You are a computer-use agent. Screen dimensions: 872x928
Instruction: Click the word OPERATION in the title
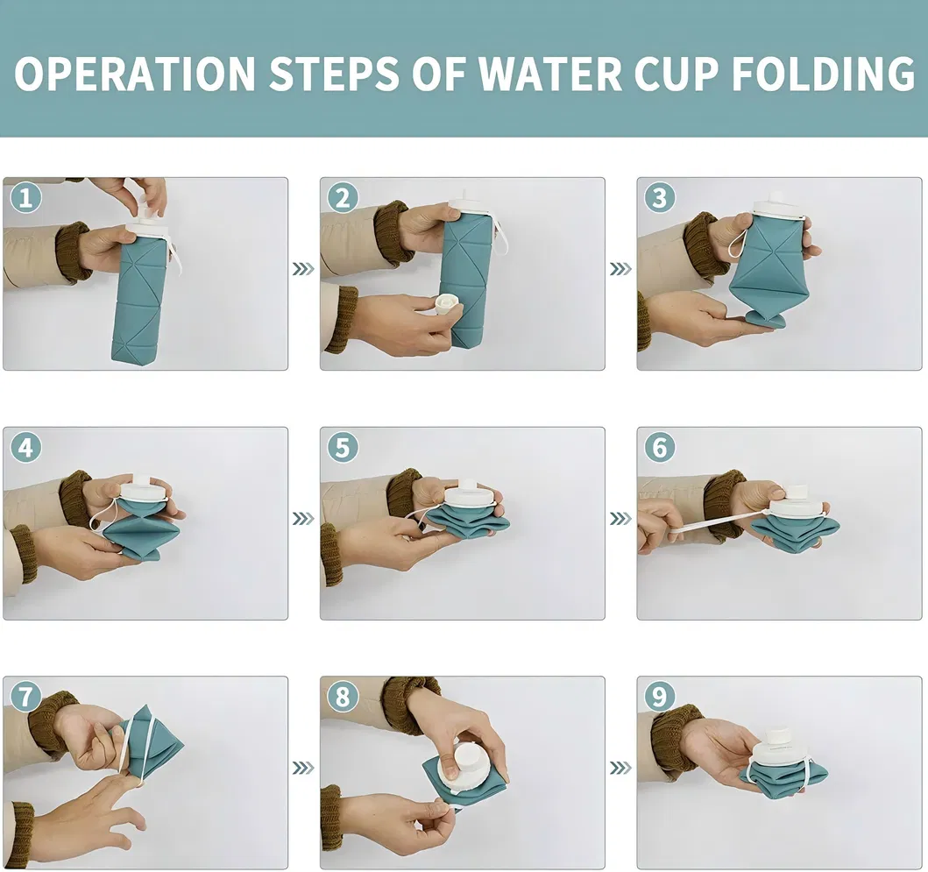pos(135,74)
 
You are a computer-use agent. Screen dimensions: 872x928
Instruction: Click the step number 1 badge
pos(25,199)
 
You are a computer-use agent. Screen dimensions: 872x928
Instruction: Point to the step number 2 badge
pos(343,199)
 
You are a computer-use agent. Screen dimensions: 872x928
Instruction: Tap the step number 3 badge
pos(659,199)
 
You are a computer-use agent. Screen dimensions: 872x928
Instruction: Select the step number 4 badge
pos(25,448)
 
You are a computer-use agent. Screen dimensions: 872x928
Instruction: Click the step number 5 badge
pos(343,448)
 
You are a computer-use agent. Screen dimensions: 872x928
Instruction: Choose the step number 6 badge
pos(659,448)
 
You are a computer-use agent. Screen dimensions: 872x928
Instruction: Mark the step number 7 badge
pos(25,697)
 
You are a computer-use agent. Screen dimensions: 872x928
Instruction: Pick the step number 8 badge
pos(343,697)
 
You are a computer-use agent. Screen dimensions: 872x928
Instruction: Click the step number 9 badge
pos(659,697)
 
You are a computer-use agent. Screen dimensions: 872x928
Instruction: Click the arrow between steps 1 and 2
pos(303,269)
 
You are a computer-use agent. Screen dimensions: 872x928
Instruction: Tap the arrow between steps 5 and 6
pos(620,519)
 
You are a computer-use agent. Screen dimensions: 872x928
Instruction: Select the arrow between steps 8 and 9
pos(620,768)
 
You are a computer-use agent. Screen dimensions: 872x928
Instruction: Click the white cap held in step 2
pos(448,305)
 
